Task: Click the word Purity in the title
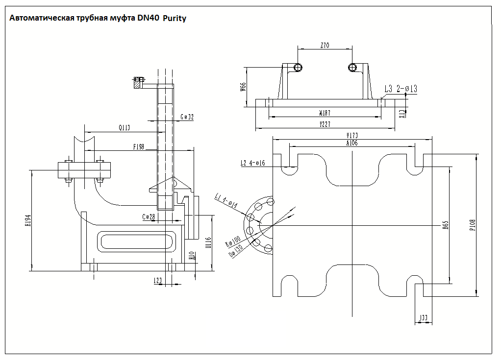tap(175, 19)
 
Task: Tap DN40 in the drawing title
tap(148, 18)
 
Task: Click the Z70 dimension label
tap(325, 46)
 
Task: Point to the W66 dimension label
tap(243, 87)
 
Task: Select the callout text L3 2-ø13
tap(401, 89)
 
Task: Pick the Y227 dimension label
tap(325, 124)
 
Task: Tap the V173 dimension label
tap(352, 135)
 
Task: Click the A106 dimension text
tap(352, 143)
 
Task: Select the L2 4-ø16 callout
tap(252, 163)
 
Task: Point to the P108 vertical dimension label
tap(472, 224)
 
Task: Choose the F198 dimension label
tap(139, 146)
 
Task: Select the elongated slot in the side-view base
tap(136, 241)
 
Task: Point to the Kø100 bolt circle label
tap(233, 242)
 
